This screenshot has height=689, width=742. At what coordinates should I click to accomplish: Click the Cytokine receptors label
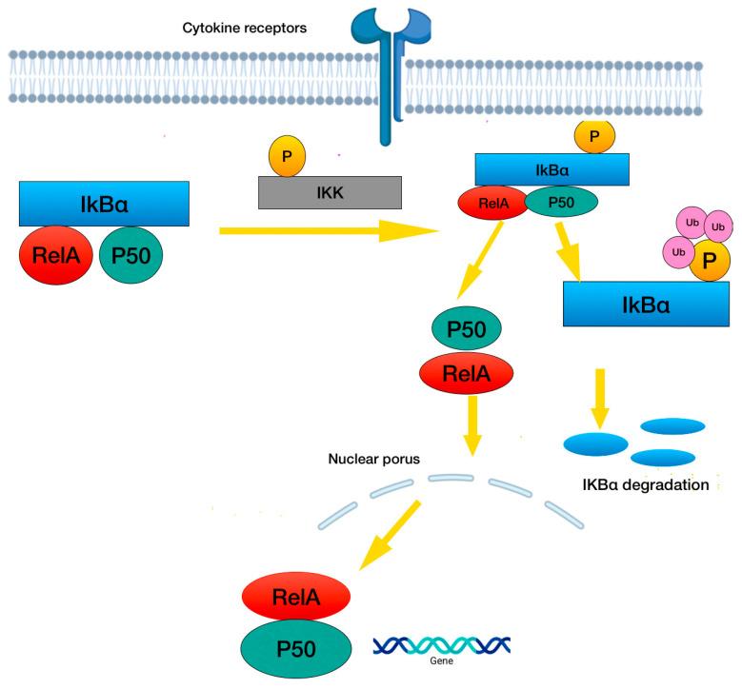244,28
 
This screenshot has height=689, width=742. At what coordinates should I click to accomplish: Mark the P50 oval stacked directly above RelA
468,329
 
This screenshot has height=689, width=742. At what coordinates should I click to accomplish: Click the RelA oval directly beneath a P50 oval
466,374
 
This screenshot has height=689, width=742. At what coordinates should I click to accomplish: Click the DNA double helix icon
442,644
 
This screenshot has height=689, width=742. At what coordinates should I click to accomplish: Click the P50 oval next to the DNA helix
296,648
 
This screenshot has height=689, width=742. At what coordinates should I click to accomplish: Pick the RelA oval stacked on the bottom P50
296,597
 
